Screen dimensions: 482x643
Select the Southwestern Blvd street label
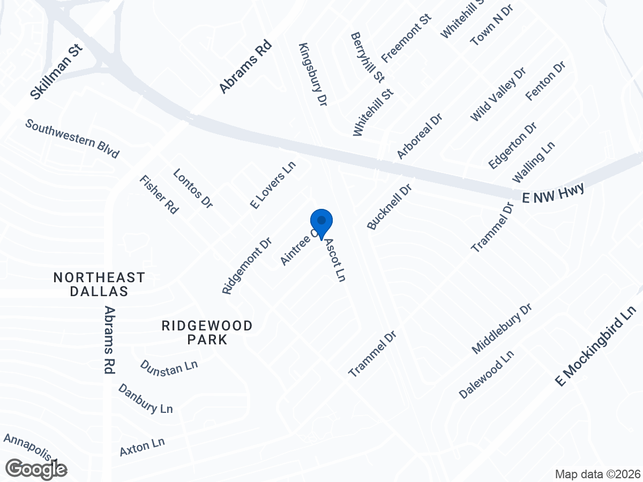point(72,139)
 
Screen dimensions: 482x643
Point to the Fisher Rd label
point(158,194)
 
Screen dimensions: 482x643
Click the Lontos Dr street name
point(193,188)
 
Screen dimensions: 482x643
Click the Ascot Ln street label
point(334,260)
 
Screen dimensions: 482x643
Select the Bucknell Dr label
point(390,207)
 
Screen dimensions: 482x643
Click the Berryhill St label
point(368,57)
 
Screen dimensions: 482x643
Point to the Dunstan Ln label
point(169,366)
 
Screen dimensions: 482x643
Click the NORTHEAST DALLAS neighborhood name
point(99,284)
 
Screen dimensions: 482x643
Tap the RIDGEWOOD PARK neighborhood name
point(199,332)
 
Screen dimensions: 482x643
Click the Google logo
point(36,469)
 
